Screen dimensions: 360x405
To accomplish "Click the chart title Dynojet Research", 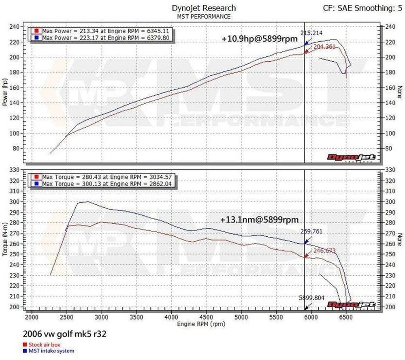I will (x=204, y=8).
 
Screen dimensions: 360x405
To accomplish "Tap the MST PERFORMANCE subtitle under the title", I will (x=204, y=17).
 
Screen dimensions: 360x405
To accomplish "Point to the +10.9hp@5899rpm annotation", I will (x=260, y=39).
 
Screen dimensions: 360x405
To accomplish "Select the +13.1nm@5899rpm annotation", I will (x=260, y=219).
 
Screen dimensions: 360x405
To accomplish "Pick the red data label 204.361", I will (x=324, y=47).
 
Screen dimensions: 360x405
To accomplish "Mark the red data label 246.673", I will (x=324, y=251).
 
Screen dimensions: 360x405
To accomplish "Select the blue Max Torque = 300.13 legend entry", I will (x=103, y=184).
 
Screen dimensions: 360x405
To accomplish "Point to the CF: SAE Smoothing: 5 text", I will (x=362, y=8).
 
